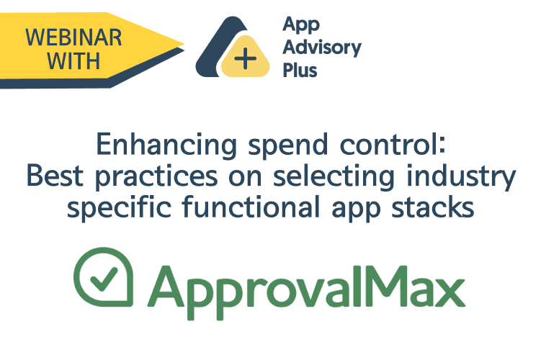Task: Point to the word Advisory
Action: click(x=322, y=49)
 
